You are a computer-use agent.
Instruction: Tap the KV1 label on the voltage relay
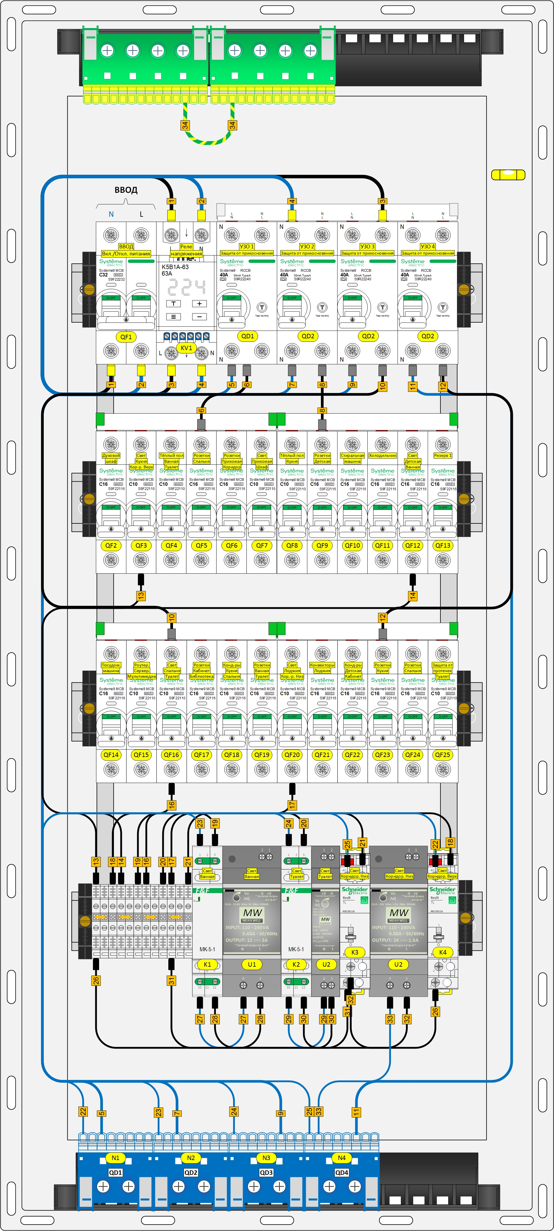pos(186,348)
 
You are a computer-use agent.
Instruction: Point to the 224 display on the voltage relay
pos(186,287)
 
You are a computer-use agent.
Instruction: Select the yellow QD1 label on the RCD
pos(248,336)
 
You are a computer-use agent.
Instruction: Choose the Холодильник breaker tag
pos(382,455)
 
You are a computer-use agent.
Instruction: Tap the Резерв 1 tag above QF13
pos(442,455)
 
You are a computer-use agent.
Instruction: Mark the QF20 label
pos(292,755)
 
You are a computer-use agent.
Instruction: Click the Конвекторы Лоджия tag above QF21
pos(322,668)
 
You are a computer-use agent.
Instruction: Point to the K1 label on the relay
pos(207,964)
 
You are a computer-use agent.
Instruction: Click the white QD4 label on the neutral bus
pos(341,1172)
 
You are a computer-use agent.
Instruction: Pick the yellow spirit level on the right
pos(508,175)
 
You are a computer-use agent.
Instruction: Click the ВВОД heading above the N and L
pos(126,190)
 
